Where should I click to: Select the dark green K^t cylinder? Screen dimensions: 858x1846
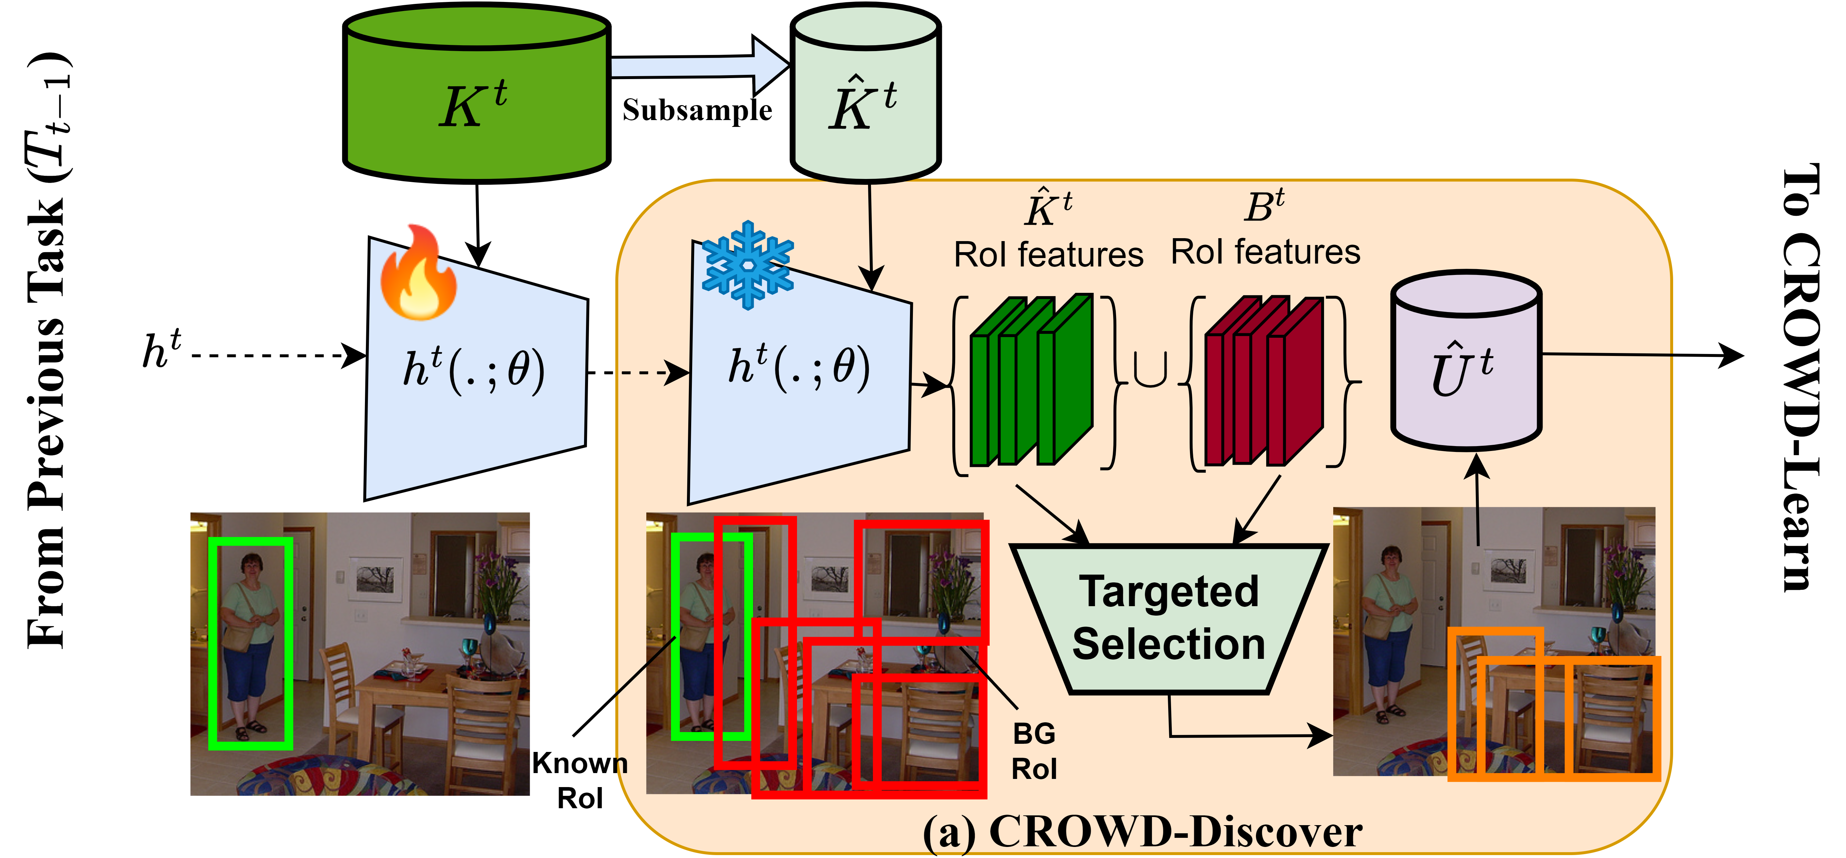[x=477, y=93]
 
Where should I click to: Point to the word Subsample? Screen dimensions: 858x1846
[x=696, y=110]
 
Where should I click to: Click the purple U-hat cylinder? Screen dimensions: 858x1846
[x=1465, y=362]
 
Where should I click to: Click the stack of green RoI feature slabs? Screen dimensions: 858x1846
[x=1030, y=380]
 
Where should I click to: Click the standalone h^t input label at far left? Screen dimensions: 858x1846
[x=161, y=351]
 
